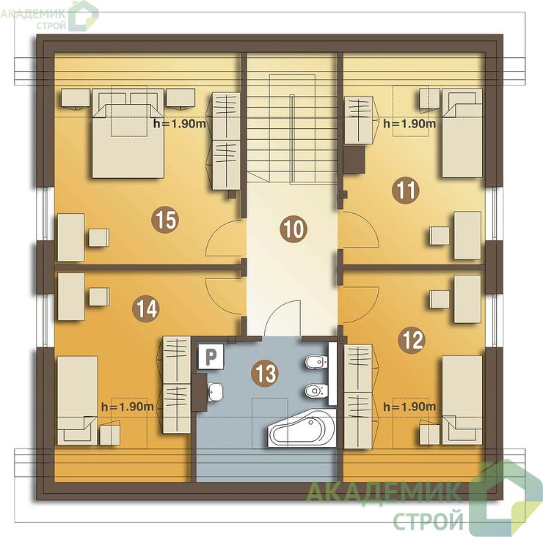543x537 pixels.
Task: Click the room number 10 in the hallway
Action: tap(294, 229)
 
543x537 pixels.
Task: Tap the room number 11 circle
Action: tap(405, 190)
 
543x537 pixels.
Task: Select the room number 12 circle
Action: tap(412, 340)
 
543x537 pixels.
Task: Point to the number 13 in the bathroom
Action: tap(266, 373)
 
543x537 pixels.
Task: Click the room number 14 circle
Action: tap(147, 308)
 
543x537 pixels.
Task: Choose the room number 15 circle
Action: tap(165, 220)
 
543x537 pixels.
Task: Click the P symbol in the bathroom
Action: tap(211, 357)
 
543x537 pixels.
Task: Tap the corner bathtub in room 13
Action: tap(302, 428)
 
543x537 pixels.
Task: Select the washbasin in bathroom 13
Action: tap(215, 392)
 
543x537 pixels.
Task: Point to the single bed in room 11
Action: tap(462, 133)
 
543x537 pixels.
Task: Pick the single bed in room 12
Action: tap(462, 401)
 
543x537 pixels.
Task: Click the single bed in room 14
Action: tap(78, 401)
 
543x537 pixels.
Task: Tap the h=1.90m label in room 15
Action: tap(180, 124)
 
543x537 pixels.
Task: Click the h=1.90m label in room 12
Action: tap(409, 407)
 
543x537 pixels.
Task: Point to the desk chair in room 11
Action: tap(440, 236)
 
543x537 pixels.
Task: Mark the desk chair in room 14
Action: tap(99, 297)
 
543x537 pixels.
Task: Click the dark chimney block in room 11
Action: tap(354, 160)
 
